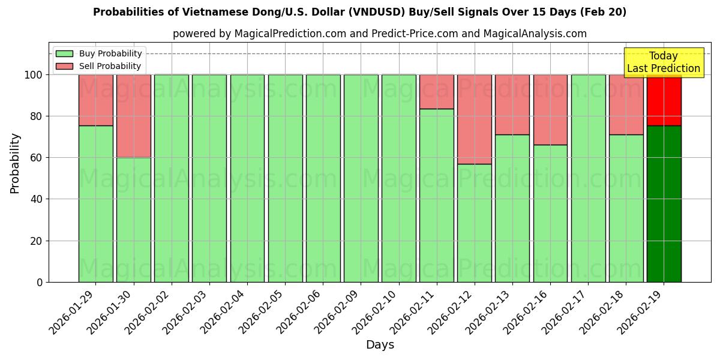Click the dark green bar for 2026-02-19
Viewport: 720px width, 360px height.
tap(664, 204)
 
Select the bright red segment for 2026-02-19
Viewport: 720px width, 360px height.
tap(664, 100)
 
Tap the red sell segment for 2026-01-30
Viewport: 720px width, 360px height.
tap(133, 116)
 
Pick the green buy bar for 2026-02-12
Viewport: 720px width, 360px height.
tap(474, 223)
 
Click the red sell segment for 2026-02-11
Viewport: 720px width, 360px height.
tap(436, 92)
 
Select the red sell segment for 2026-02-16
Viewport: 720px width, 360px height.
tap(550, 110)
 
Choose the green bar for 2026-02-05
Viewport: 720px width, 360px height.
tap(285, 178)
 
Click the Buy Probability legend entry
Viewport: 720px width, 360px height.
tap(99, 53)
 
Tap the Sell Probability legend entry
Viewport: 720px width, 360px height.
tap(99, 67)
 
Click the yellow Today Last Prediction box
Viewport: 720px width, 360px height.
tap(663, 62)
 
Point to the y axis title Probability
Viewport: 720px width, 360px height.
tap(16, 163)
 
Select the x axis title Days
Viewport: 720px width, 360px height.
tap(380, 345)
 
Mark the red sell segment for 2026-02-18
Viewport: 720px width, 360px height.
tap(626, 104)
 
